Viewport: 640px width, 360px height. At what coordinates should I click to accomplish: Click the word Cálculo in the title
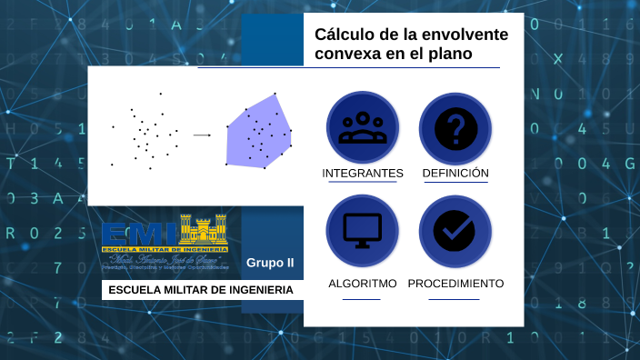[343, 35]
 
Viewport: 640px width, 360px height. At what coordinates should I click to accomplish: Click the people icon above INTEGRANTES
[363, 127]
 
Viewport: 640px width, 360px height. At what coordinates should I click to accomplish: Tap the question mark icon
[455, 127]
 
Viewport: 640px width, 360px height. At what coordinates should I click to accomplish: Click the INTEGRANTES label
[363, 173]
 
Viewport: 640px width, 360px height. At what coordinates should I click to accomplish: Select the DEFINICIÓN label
[455, 173]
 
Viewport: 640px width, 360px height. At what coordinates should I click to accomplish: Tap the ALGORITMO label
[363, 284]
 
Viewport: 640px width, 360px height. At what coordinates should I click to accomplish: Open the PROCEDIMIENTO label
[455, 284]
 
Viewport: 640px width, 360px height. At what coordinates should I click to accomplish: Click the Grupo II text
[270, 263]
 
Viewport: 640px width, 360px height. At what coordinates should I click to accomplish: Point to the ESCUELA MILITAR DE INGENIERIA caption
[201, 290]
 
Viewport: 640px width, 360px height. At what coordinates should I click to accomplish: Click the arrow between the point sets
[202, 135]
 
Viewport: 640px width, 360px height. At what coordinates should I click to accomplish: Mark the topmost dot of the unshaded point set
[161, 93]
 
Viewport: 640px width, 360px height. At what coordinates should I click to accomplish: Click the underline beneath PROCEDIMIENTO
[454, 299]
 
